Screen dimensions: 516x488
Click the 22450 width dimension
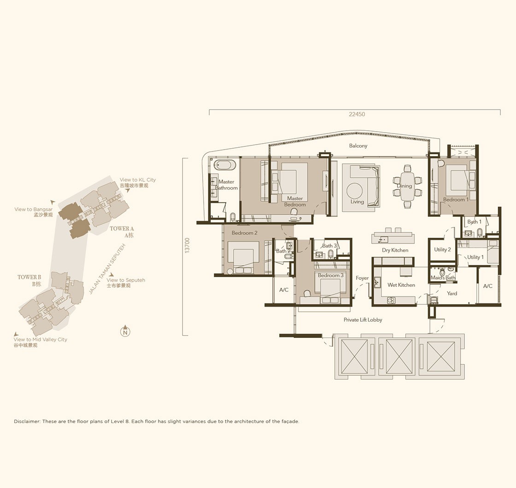tap(357, 114)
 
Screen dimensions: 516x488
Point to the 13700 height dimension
tap(187, 245)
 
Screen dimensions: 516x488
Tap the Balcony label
tap(358, 145)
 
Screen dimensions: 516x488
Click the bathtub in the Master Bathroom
tap(225, 165)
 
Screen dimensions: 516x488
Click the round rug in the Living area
tap(355, 191)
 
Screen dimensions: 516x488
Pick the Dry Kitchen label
tap(395, 250)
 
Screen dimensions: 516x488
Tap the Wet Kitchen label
tap(401, 285)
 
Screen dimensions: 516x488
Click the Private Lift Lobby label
tap(363, 320)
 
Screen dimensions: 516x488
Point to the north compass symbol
tap(125, 331)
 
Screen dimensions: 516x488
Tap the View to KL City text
tap(138, 180)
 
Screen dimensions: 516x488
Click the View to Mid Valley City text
tap(40, 339)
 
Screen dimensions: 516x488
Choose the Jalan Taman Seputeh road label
tap(107, 269)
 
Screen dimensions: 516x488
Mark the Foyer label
tap(362, 278)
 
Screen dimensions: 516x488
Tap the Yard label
tap(452, 293)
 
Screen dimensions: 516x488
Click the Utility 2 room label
tap(442, 250)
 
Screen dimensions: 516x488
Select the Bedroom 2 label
tap(245, 233)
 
